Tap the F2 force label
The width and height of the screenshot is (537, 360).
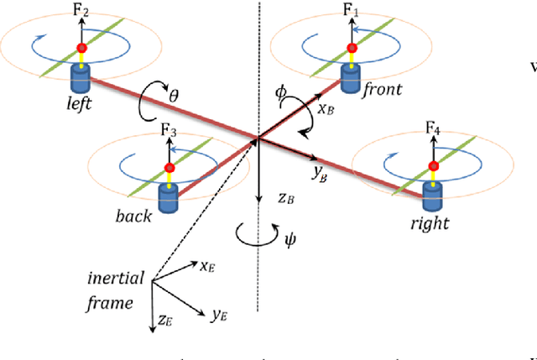tap(81, 13)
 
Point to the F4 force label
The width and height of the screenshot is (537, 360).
tap(433, 128)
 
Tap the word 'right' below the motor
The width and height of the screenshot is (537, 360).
tap(430, 223)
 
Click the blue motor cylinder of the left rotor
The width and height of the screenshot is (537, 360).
tap(81, 79)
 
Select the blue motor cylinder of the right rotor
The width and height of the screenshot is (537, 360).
tap(433, 196)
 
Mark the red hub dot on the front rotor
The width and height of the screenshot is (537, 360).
tap(350, 49)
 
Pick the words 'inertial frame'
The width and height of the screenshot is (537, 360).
tap(115, 290)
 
